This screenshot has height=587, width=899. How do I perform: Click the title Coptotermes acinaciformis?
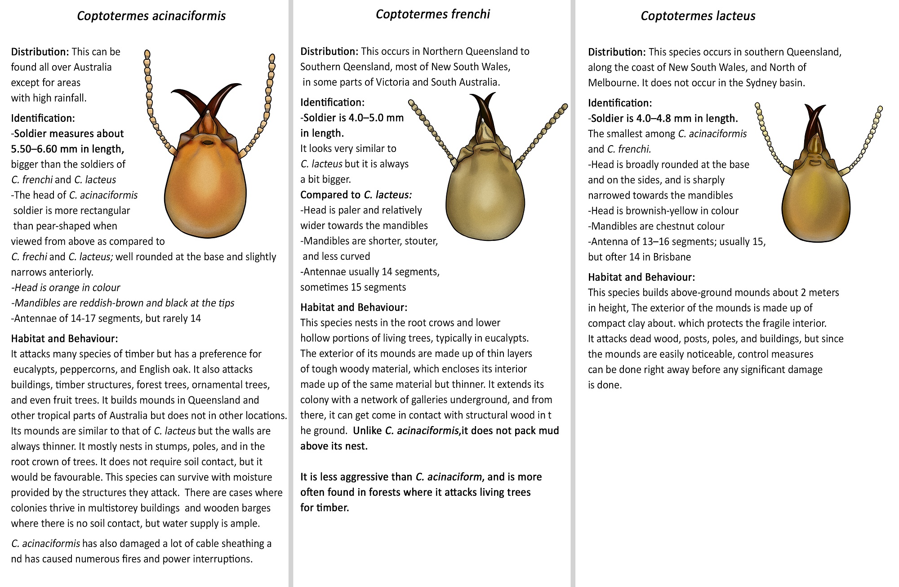point(151,16)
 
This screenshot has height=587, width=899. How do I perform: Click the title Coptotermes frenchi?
point(432,14)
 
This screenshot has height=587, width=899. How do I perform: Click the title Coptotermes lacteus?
point(698,16)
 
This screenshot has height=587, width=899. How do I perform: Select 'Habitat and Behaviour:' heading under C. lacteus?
point(641,277)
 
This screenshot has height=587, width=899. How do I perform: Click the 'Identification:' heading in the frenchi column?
point(332,102)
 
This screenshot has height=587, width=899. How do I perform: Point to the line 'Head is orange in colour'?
point(66,288)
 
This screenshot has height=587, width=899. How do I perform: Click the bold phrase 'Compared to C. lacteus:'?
point(356,195)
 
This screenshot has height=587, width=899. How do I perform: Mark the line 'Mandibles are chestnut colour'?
point(656,226)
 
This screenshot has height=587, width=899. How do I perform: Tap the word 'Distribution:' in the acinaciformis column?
point(40,52)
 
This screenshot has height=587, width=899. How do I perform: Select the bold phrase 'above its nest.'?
point(334,446)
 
